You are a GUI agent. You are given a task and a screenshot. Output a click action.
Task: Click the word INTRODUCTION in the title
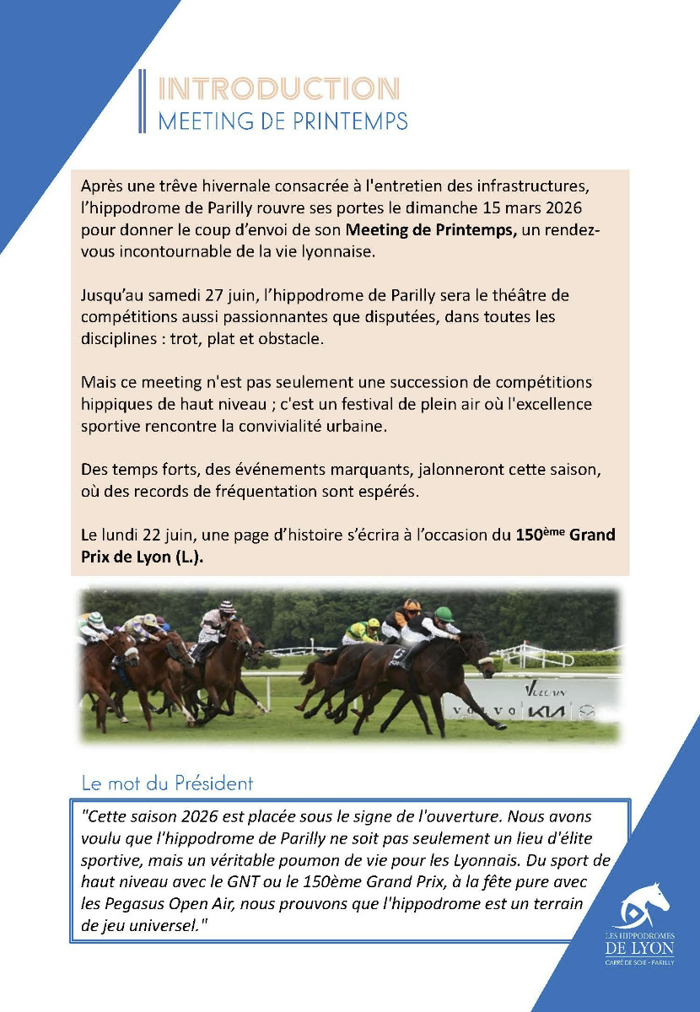[278, 89]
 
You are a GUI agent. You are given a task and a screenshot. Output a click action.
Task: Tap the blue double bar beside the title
[142, 101]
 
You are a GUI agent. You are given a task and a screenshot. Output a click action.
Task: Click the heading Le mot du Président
[167, 783]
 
